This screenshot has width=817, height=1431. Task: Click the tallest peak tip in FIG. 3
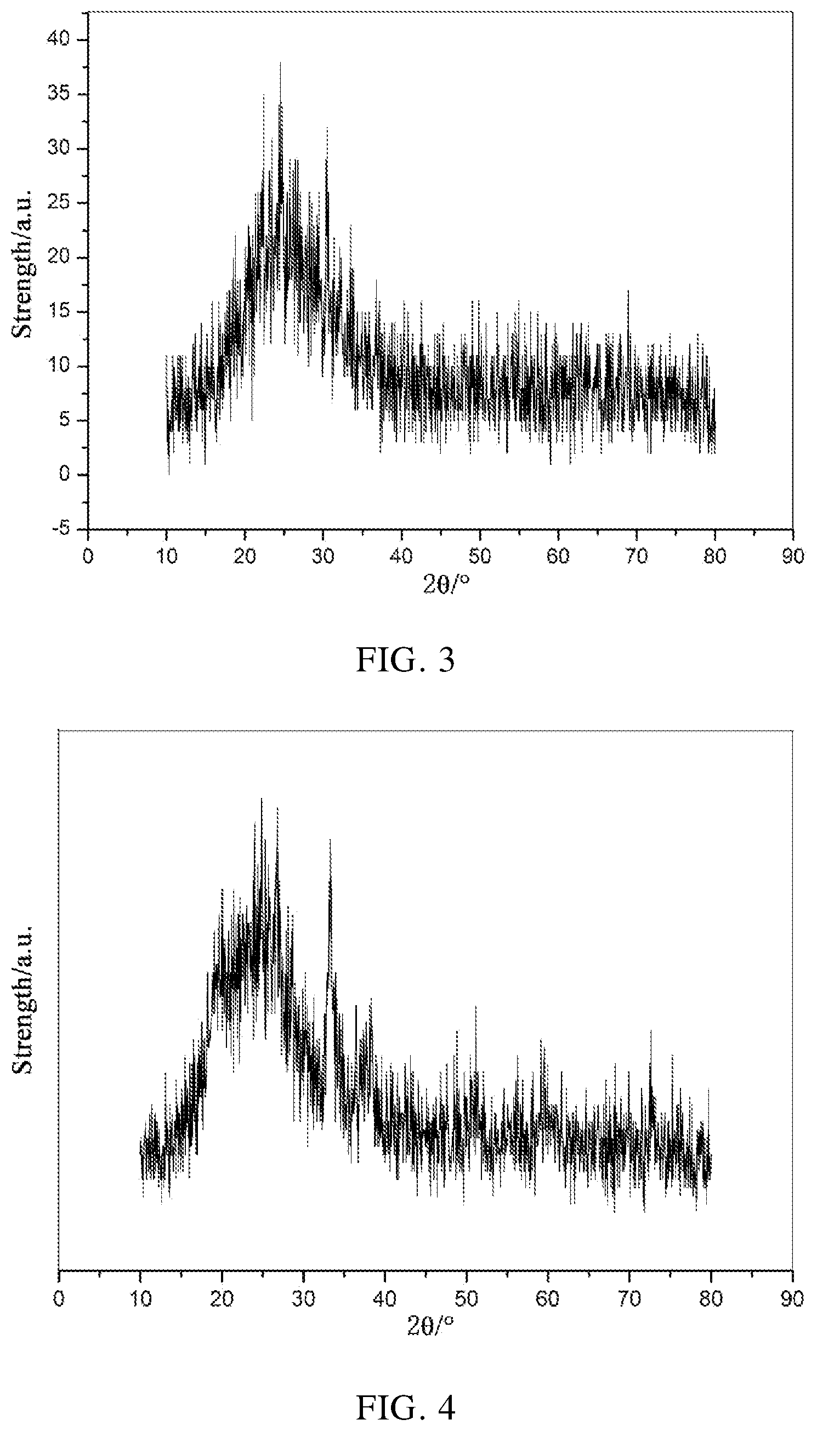point(280,62)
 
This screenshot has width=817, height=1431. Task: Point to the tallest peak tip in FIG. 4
point(261,799)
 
